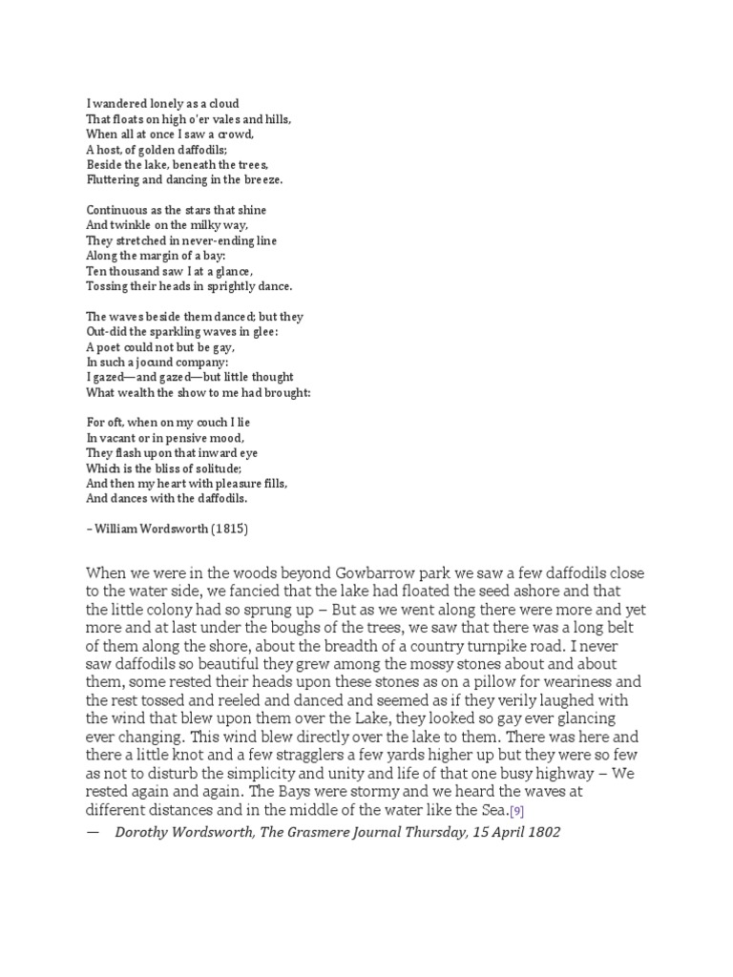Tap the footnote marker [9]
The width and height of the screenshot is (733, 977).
pos(515,811)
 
